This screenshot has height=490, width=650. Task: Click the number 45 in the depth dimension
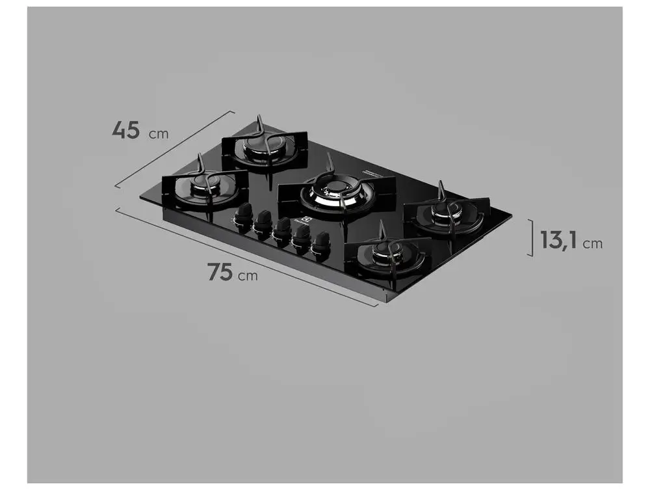click(125, 129)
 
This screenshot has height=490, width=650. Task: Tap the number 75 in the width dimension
click(220, 271)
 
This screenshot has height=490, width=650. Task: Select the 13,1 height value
click(559, 241)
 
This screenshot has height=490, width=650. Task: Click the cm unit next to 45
click(159, 134)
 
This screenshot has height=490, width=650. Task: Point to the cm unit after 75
click(247, 276)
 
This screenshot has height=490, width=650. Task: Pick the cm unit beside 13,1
click(592, 244)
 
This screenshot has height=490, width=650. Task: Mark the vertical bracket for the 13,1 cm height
click(532, 238)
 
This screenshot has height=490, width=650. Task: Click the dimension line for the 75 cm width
click(247, 256)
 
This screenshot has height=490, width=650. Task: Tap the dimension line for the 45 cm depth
click(174, 149)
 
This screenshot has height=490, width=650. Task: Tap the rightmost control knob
click(320, 245)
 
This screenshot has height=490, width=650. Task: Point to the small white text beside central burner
click(373, 172)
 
